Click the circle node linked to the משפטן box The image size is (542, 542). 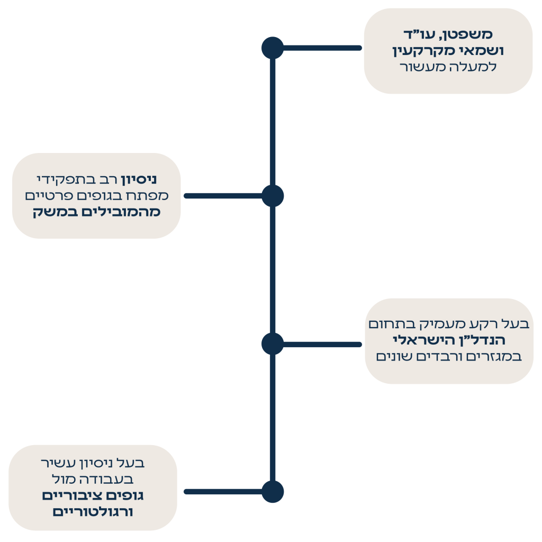click(273, 48)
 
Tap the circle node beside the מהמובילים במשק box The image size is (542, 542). click(273, 196)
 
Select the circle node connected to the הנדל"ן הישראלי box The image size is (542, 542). click(273, 344)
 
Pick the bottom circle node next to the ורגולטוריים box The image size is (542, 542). click(273, 492)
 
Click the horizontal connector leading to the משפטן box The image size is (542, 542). click(323, 48)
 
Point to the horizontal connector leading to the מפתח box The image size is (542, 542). click(222, 196)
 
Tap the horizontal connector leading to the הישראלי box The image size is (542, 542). click(323, 345)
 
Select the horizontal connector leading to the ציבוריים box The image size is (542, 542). click(222, 492)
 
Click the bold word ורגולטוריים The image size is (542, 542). click(93, 512)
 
